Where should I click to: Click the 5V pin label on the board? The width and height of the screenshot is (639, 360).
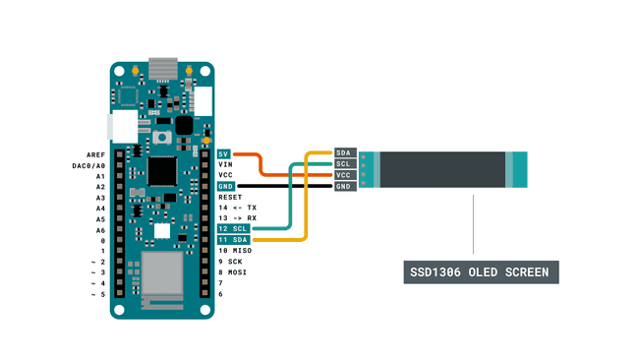click(224, 153)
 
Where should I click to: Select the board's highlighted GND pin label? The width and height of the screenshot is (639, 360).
click(225, 186)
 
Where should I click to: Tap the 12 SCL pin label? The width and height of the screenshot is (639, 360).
click(232, 229)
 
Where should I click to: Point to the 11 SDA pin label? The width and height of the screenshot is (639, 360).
click(232, 240)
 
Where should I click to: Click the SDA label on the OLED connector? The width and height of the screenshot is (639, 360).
click(344, 152)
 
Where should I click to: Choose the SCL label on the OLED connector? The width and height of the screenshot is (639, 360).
click(344, 163)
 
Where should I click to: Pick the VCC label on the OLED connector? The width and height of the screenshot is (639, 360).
click(344, 175)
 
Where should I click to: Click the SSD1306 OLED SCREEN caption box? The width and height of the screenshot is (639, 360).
click(482, 272)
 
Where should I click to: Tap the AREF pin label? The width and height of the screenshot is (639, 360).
click(94, 155)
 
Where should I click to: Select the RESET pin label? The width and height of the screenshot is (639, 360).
click(229, 198)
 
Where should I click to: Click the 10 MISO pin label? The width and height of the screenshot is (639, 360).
click(234, 251)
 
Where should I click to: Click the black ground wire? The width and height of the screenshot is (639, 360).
click(285, 186)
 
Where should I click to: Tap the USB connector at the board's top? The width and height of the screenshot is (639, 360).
click(161, 69)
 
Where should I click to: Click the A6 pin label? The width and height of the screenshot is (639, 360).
click(99, 230)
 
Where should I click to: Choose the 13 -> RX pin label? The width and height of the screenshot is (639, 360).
click(237, 218)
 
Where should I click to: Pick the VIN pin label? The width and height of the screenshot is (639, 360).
click(225, 164)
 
